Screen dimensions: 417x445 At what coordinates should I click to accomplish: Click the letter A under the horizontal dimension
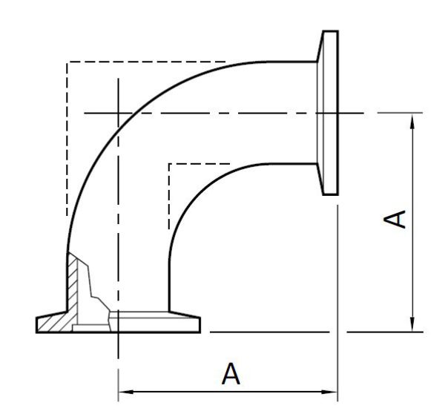tap(231, 372)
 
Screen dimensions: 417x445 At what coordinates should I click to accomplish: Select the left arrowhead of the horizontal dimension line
tap(125, 391)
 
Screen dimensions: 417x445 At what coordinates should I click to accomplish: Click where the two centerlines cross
tap(117, 113)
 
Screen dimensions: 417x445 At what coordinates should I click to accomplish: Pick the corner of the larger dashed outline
tap(67, 62)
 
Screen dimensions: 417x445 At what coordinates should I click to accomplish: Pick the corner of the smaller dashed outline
tap(169, 163)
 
